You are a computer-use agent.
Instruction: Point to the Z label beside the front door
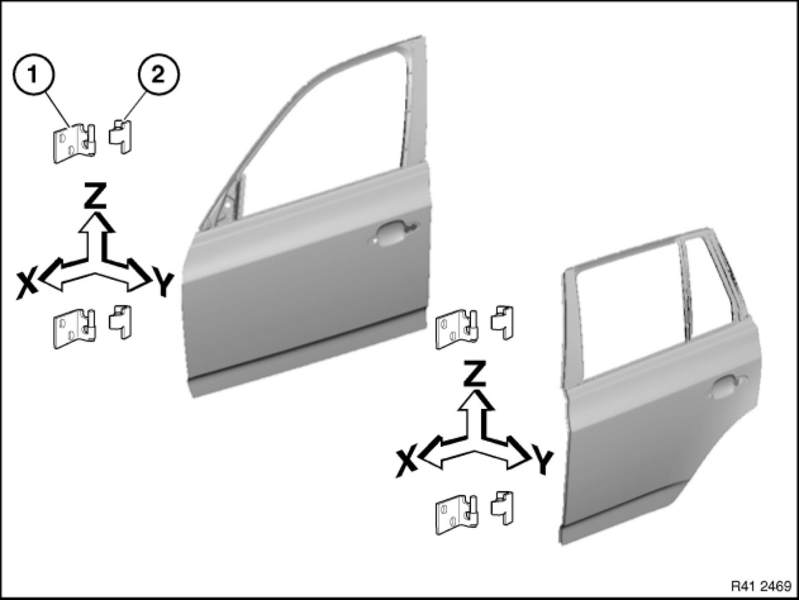(x=95, y=196)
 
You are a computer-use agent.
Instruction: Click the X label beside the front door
(x=28, y=287)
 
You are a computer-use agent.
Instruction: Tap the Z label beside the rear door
(x=475, y=374)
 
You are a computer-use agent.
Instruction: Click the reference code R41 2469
(x=762, y=586)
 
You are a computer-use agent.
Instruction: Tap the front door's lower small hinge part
(x=121, y=322)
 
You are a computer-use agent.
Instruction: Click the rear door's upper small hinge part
(x=503, y=323)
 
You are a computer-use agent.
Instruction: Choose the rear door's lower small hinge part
(x=503, y=508)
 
